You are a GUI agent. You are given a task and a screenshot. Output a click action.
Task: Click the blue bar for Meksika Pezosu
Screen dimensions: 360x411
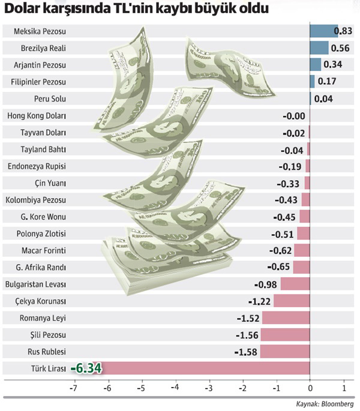(324, 31)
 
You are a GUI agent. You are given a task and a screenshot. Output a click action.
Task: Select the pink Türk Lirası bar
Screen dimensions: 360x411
(205, 368)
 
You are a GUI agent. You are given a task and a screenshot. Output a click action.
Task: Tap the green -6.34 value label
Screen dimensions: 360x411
(86, 368)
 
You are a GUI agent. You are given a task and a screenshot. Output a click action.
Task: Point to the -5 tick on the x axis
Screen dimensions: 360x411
(142, 388)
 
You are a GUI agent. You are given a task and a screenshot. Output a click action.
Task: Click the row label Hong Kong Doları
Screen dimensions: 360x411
(37, 116)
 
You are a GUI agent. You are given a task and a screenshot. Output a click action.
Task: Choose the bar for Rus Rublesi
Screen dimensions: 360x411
(285, 351)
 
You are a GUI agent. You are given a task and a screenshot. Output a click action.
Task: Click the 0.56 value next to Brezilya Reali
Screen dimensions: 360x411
(340, 48)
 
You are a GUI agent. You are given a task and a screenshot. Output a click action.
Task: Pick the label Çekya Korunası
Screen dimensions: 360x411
(40, 301)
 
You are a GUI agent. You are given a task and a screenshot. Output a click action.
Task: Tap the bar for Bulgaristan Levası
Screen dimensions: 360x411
(295, 284)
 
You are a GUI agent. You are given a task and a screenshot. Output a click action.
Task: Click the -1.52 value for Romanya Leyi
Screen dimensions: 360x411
(248, 318)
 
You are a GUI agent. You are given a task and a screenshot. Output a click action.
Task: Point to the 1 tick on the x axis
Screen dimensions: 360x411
(344, 388)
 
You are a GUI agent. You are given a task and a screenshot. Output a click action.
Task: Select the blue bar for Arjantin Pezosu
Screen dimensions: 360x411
(316, 64)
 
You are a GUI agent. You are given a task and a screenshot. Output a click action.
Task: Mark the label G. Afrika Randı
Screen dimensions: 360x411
(41, 268)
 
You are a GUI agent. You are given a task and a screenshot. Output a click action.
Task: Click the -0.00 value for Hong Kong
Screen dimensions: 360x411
(294, 116)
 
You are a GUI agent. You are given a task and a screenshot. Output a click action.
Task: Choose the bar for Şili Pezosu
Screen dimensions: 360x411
(285, 334)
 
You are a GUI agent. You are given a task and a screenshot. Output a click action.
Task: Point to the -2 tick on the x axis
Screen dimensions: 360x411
(243, 388)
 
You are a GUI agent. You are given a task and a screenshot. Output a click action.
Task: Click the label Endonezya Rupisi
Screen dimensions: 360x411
(37, 166)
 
